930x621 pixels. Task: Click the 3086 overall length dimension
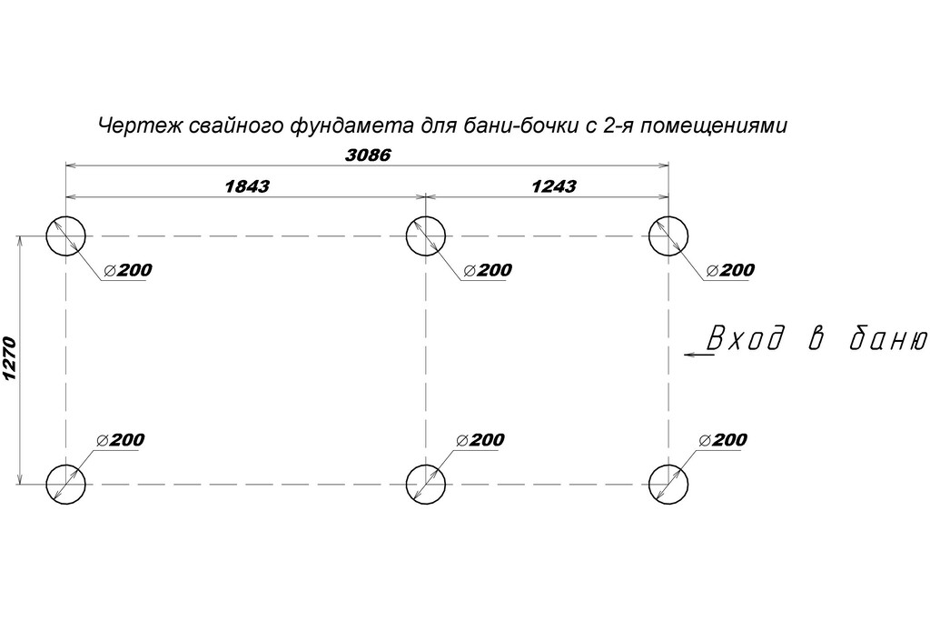(x=368, y=155)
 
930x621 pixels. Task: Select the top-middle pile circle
(x=426, y=236)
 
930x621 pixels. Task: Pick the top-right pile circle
(x=668, y=236)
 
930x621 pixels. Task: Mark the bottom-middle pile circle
(x=426, y=484)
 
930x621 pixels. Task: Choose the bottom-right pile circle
(x=668, y=484)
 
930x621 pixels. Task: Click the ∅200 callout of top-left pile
(x=127, y=270)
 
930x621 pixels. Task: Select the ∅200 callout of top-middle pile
(x=488, y=270)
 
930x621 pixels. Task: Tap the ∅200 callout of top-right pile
(x=730, y=270)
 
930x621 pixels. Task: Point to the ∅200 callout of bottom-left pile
(x=120, y=440)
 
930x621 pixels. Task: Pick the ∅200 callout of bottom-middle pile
(x=480, y=440)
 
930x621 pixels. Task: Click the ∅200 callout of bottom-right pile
(x=723, y=440)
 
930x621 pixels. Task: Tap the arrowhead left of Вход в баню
(x=690, y=354)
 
